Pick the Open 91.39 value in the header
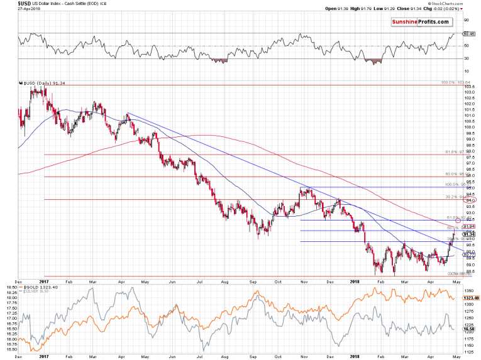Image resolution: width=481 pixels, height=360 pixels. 338,8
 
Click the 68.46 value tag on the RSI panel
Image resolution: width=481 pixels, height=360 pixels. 467,33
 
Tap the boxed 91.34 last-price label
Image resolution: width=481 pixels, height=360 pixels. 468,234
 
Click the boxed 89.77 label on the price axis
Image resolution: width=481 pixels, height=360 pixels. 468,254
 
